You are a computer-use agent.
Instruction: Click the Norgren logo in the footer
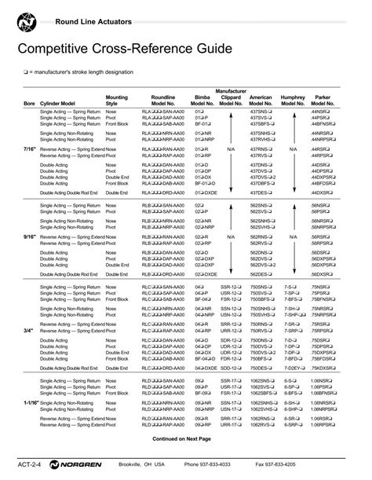pyautogui.click(x=75, y=464)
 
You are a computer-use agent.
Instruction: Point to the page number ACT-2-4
pyautogui.click(x=28, y=464)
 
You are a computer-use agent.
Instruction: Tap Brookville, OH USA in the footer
pyautogui.click(x=142, y=464)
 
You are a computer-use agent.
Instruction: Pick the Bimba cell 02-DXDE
pyautogui.click(x=206, y=273)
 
